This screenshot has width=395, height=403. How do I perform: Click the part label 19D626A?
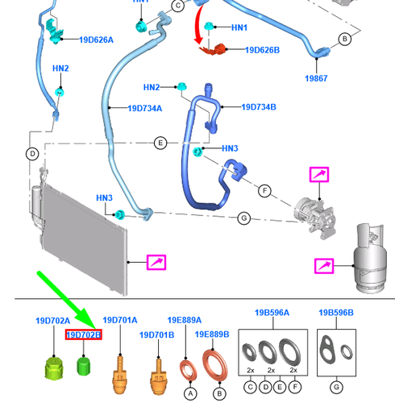96,40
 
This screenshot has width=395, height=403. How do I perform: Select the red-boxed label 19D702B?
84,334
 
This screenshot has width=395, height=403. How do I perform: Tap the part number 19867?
316,78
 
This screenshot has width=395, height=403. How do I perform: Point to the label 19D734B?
259,107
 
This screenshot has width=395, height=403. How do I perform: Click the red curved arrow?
197,26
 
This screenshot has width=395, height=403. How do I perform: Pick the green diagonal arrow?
67,301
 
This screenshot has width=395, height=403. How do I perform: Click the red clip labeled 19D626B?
214,50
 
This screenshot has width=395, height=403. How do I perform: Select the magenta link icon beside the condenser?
156,262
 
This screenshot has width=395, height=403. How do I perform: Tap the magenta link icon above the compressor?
319,174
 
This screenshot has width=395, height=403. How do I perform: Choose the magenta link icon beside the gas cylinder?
324,266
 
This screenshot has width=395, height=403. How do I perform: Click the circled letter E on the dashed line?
160,143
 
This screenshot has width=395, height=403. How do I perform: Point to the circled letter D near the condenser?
32,154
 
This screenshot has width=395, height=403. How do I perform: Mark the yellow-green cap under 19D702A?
54,368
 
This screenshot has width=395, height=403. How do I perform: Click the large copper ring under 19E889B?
214,365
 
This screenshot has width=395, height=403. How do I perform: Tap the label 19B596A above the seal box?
272,313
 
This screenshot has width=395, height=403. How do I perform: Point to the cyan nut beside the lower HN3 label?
119,214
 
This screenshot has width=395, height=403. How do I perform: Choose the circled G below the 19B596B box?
336,388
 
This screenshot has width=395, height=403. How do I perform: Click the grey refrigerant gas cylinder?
370,260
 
